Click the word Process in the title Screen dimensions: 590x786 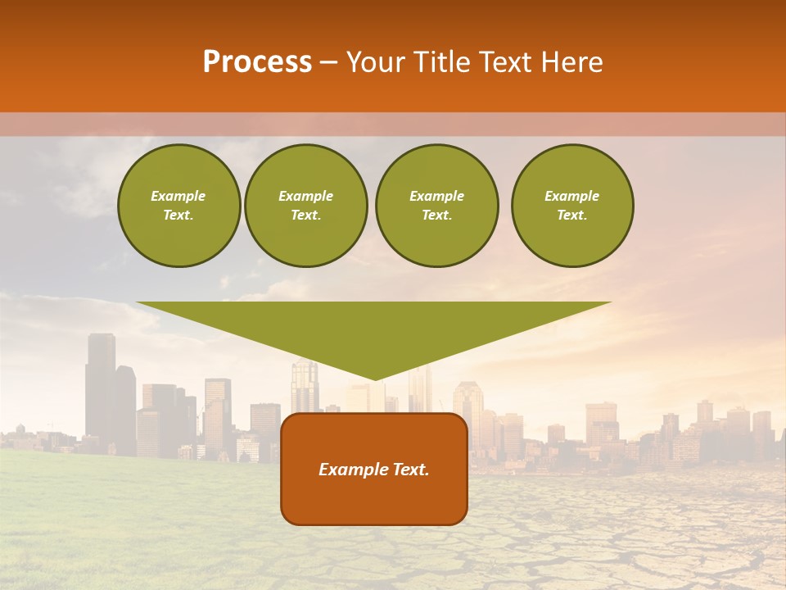coord(257,62)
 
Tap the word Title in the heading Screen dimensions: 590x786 coord(443,62)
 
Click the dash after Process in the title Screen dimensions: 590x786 coord(329,64)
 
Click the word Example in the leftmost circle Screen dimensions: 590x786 coord(178,196)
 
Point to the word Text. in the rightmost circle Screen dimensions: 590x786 coord(572,215)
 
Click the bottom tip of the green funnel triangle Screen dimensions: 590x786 coord(374,378)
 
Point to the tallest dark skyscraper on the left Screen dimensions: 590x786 coord(100,385)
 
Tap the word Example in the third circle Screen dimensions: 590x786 coord(436,196)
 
